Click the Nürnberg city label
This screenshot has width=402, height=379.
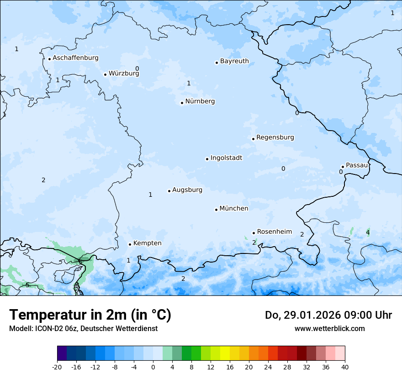[200, 101]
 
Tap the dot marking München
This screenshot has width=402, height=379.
[216, 210]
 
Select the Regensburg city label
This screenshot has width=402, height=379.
[275, 137]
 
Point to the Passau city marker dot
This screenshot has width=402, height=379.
[343, 167]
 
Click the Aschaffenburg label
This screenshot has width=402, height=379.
[75, 58]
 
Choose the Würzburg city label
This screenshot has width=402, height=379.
[124, 73]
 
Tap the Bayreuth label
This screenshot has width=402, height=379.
[234, 61]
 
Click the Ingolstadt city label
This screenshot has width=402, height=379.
[226, 158]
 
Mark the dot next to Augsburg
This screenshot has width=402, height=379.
[169, 191]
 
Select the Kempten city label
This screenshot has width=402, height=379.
[147, 243]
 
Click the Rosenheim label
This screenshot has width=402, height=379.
[274, 232]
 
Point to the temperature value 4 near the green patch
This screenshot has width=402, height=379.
[368, 233]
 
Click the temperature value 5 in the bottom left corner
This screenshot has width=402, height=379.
[27, 285]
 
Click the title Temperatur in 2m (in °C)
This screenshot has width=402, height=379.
[90, 315]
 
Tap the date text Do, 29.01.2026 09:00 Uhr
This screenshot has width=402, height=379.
[328, 315]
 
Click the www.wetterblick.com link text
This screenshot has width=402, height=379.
[329, 328]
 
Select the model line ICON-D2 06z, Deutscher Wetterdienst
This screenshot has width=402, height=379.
[83, 328]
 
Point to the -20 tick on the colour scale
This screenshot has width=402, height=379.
[57, 367]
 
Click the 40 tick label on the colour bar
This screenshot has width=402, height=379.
[344, 367]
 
